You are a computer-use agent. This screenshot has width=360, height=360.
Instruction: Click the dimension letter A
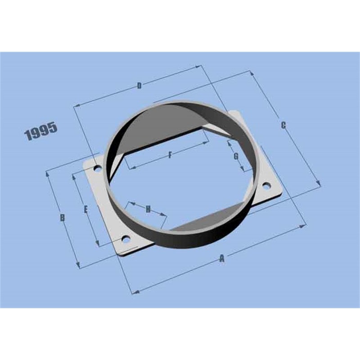(x=221, y=258)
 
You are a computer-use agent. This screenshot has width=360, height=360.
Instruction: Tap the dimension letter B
(x=63, y=218)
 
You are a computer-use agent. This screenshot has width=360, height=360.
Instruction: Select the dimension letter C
(x=283, y=126)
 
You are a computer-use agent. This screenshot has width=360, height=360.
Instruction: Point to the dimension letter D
(x=139, y=85)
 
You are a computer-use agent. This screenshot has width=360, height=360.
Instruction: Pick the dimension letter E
(x=85, y=209)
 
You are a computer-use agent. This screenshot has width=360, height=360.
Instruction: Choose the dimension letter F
(x=170, y=155)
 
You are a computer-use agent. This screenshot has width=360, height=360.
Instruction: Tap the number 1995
(x=41, y=131)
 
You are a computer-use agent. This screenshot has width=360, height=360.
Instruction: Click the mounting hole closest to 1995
(x=97, y=169)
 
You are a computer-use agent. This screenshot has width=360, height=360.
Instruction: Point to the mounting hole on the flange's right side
(x=265, y=185)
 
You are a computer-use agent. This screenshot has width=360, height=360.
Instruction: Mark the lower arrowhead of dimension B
(x=78, y=266)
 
